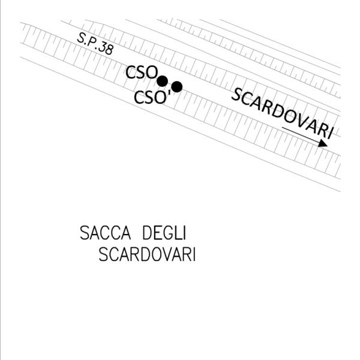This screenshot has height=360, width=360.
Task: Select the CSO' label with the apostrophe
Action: click(150, 97)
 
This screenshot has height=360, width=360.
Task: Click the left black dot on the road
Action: click(162, 81)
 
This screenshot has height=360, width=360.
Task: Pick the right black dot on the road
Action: click(176, 86)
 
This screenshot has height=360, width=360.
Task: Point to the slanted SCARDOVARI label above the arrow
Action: click(282, 113)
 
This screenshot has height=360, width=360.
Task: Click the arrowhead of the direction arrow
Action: click(323, 143)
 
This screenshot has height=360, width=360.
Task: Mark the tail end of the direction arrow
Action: click(283, 128)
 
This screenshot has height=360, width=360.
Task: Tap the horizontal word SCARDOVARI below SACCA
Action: click(147, 255)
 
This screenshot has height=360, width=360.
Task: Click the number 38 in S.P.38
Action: click(106, 49)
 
